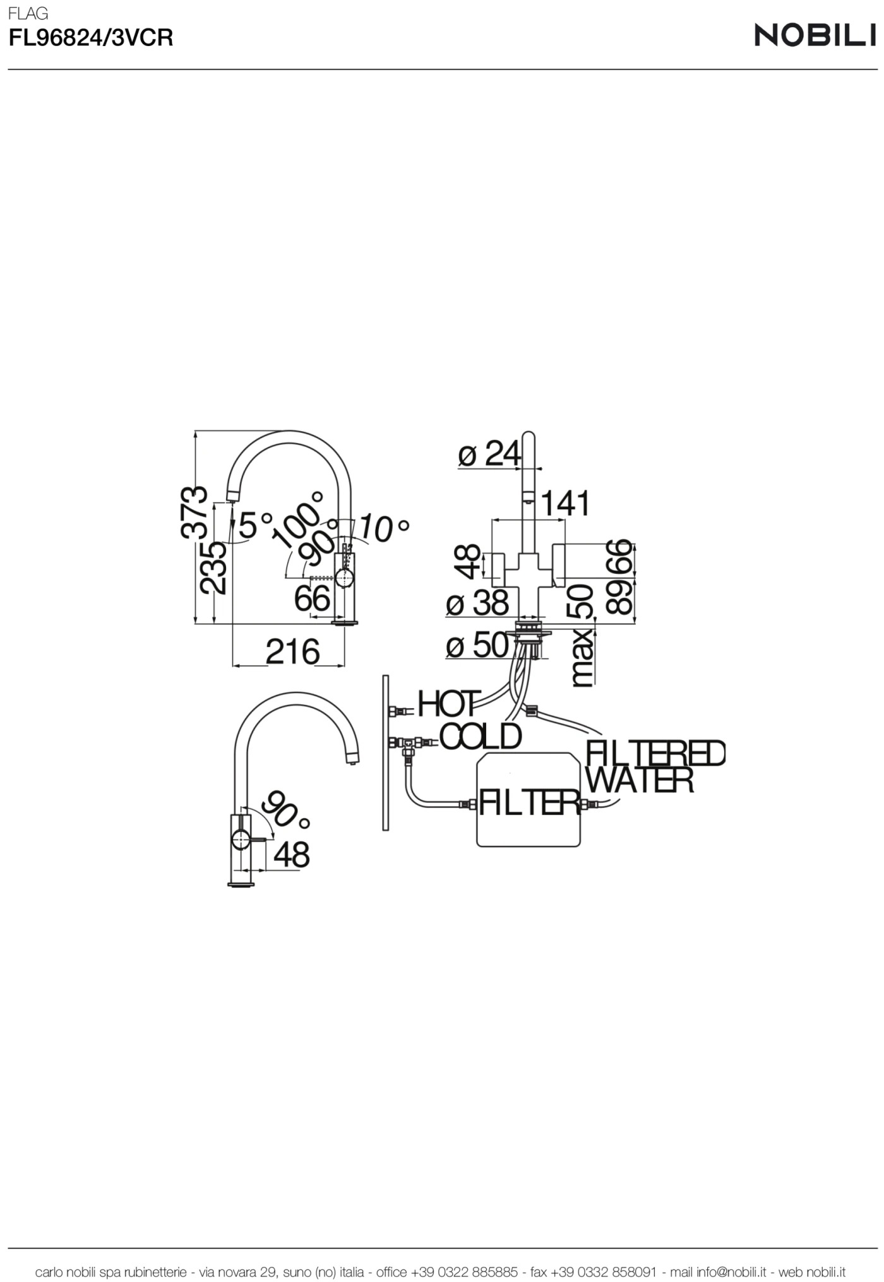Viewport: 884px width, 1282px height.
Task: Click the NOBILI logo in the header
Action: tap(815, 35)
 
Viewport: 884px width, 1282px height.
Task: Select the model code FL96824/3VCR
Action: tap(90, 39)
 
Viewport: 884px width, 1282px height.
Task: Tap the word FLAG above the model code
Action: tap(28, 13)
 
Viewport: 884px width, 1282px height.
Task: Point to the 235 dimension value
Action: tap(213, 567)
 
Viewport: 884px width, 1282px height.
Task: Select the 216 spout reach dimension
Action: tap(292, 651)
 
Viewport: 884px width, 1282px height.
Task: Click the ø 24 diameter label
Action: tap(489, 453)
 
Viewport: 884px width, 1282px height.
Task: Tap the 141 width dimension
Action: tap(565, 503)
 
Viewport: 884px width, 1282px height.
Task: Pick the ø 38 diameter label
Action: tap(477, 603)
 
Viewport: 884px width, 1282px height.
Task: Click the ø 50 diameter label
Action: tap(477, 645)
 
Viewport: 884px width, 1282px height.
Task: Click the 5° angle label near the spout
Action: tap(255, 525)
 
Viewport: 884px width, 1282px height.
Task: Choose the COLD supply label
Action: tap(481, 736)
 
